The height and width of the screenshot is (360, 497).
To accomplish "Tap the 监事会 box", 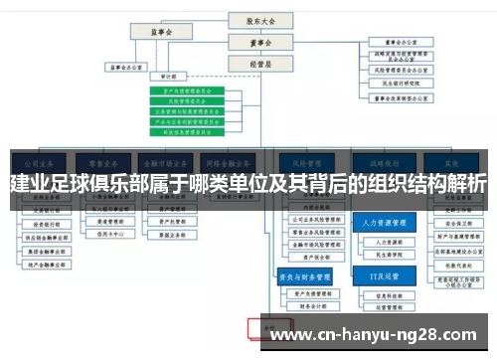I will pos(164,32).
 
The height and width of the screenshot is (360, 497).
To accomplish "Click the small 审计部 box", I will pos(167,75).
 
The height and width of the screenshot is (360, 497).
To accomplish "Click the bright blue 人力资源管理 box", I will pos(383,224).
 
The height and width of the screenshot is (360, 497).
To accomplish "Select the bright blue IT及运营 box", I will pos(383,275).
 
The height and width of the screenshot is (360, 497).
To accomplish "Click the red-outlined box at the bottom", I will pos(267,326).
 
